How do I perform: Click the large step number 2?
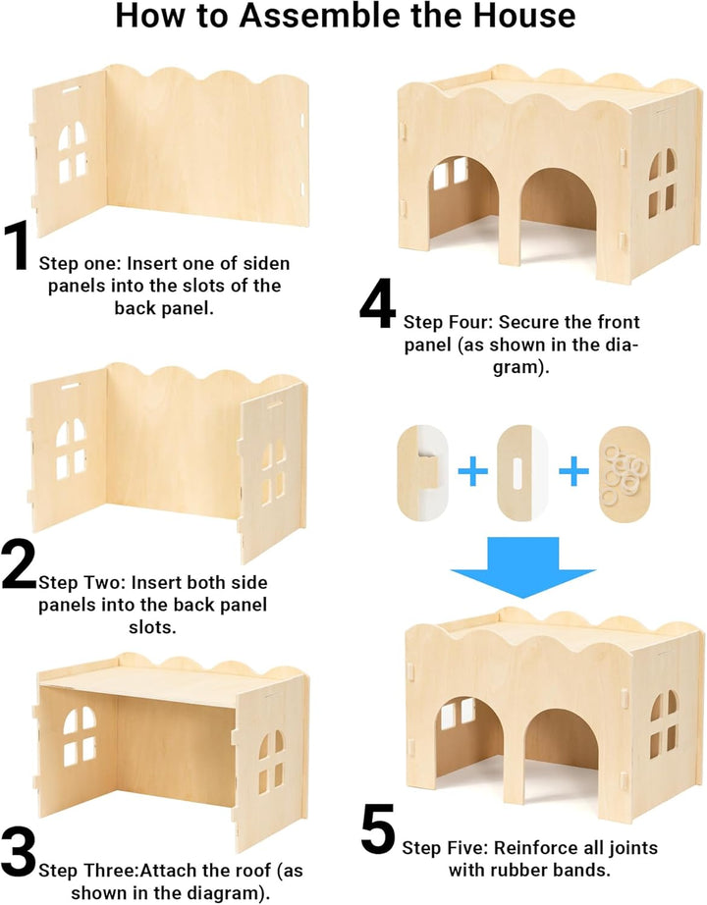pos(19,566)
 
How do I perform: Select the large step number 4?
pos(377,304)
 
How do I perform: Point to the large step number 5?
pos(378,831)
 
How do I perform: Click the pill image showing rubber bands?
pos(625,473)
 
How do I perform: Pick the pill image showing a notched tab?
pos(422,473)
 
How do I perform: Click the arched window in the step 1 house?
pos(73,151)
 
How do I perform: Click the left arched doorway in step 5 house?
pos(463,742)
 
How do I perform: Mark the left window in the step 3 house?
pos(80,736)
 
